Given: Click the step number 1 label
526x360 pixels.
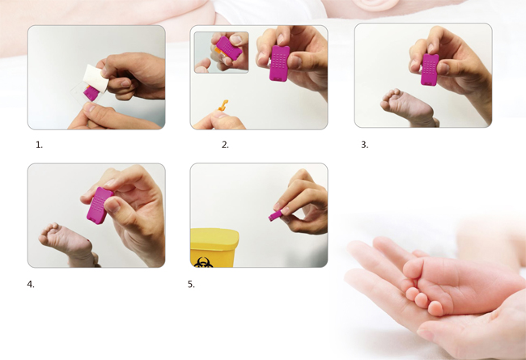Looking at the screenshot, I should click(x=39, y=145).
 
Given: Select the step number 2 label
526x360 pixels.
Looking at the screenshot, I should click(x=225, y=145).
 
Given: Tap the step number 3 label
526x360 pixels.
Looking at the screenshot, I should click(x=364, y=145).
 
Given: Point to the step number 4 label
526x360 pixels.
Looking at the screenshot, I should click(x=31, y=284).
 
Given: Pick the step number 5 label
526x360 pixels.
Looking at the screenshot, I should click(x=191, y=284).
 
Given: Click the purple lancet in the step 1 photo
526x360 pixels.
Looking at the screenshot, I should click(x=91, y=94).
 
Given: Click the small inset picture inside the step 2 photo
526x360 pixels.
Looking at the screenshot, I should click(x=221, y=52).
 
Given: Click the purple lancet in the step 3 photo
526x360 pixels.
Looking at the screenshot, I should click(x=430, y=70).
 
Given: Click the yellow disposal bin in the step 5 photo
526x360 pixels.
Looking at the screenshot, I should click(x=214, y=248).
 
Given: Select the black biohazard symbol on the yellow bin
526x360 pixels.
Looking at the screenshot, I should click(x=203, y=262).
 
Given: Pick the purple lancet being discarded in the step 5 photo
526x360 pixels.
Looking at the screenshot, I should click(x=274, y=215).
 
